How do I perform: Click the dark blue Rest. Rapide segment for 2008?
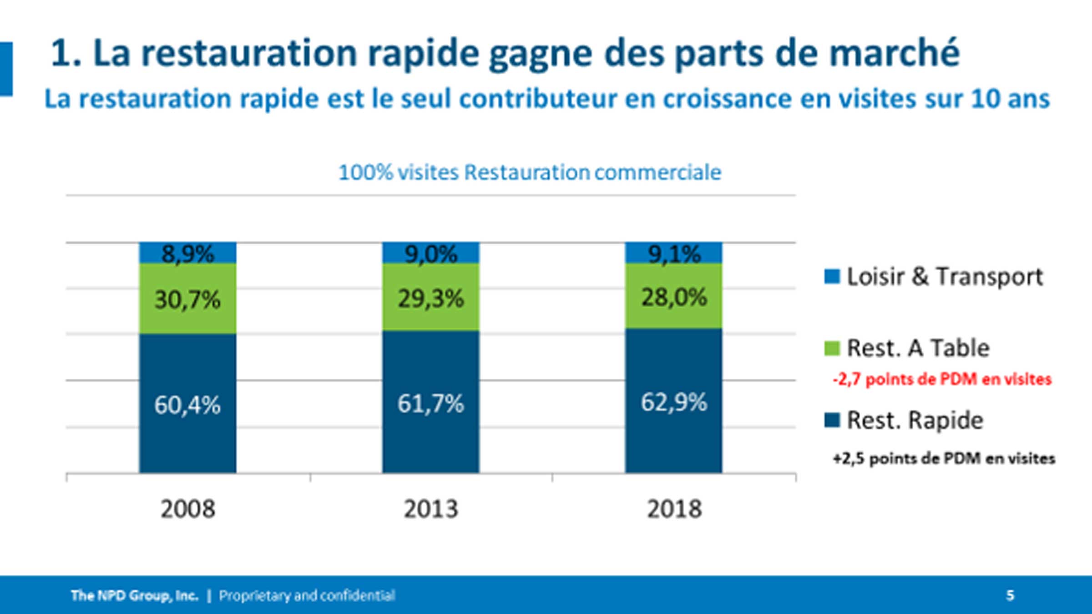[187, 437]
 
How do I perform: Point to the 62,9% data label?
[674, 402]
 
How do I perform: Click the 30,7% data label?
[187, 300]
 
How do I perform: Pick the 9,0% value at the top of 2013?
[430, 254]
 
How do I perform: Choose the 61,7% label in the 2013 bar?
[430, 404]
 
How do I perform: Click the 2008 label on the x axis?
[187, 509]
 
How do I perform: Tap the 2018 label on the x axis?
[674, 509]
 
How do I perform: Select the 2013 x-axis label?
[430, 509]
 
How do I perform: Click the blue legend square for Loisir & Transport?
[832, 277]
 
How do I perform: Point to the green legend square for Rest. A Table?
[832, 349]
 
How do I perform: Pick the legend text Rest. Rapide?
[915, 420]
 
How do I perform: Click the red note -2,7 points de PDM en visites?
[942, 379]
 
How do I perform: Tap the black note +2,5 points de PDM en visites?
[944, 458]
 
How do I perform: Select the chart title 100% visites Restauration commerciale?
[530, 173]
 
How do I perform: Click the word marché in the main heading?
[894, 54]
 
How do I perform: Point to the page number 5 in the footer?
[1010, 595]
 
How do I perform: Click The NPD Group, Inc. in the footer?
[135, 595]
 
